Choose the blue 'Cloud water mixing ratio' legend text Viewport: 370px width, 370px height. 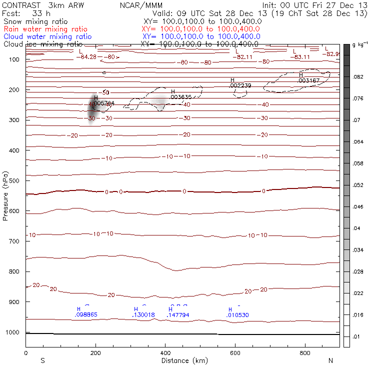(47, 36)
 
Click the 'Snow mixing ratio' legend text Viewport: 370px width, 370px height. (35, 22)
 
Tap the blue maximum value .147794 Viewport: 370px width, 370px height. (178, 315)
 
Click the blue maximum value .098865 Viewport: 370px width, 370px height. (86, 315)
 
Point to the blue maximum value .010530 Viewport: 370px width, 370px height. (237, 315)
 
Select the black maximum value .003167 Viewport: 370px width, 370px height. (308, 80)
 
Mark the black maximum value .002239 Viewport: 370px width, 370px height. (240, 85)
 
